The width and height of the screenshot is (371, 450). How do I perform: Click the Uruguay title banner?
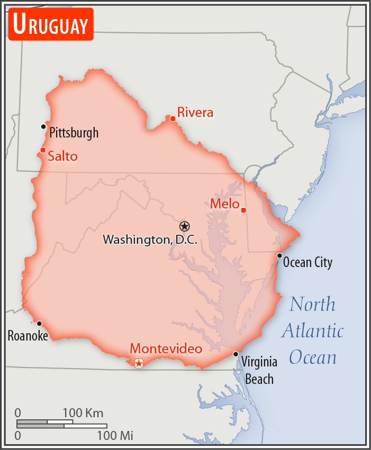coord(51,24)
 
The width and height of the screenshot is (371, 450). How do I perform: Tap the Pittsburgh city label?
coord(74,132)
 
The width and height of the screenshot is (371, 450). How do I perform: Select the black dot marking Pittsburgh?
coord(43,126)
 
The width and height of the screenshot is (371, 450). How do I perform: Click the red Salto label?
coord(62,156)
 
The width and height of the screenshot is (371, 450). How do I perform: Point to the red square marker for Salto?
coord(43,150)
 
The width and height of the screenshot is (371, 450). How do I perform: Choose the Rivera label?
coord(195,112)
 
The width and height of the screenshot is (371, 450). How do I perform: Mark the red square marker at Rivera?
coord(173,118)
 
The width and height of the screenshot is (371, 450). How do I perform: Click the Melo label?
coord(225,204)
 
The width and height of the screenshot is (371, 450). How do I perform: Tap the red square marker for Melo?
coord(243,210)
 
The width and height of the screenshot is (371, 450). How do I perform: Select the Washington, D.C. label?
coord(150,240)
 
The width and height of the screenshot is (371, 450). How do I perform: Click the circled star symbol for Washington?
coord(184,226)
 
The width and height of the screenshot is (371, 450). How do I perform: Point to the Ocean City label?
coord(307,262)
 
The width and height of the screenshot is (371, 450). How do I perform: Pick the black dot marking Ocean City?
coord(279,255)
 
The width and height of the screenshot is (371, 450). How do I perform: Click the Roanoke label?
coord(28,335)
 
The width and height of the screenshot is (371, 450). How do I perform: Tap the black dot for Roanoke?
coord(39,324)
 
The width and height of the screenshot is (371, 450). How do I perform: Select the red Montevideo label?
coord(166,349)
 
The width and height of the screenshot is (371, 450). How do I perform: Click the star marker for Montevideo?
coord(139,363)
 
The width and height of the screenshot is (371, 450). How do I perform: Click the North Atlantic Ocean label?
coord(312,331)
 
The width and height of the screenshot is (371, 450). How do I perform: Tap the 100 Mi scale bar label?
coord(114,436)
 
